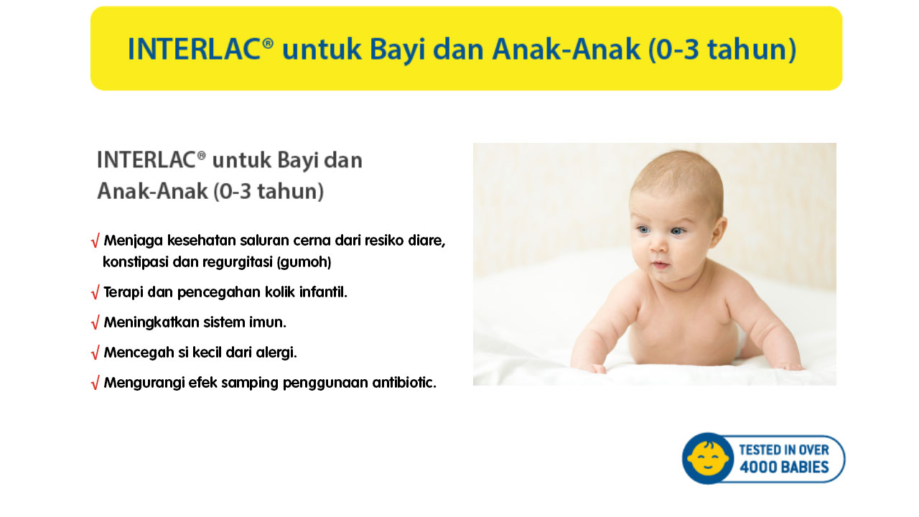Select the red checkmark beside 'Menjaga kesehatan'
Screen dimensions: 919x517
(x=95, y=241)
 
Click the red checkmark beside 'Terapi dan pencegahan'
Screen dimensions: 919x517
(x=95, y=292)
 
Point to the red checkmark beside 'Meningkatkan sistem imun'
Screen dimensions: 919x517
(x=95, y=323)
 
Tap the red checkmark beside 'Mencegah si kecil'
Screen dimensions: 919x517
(x=95, y=353)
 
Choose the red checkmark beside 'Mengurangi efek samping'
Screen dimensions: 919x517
(x=95, y=383)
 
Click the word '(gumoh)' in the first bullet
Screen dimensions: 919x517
(x=304, y=262)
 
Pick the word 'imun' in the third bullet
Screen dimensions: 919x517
(x=268, y=322)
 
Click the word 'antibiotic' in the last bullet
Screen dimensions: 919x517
(x=404, y=383)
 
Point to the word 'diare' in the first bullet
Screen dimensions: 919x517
(x=426, y=241)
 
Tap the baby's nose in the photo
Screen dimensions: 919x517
(x=659, y=245)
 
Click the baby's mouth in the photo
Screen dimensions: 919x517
(x=661, y=265)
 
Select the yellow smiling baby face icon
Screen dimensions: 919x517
(x=708, y=459)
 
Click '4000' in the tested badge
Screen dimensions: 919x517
(x=758, y=467)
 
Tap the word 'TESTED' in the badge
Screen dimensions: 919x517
(x=760, y=450)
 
